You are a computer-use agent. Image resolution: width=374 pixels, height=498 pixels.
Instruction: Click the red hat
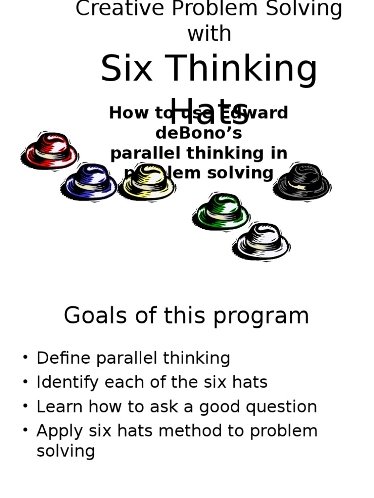click(50, 151)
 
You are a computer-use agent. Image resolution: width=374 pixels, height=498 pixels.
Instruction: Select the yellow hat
click(147, 182)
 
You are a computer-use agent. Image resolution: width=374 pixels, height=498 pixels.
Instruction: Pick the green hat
click(222, 212)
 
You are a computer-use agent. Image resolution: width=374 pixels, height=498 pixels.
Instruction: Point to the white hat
click(262, 241)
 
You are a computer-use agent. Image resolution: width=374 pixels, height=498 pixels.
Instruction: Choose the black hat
click(302, 182)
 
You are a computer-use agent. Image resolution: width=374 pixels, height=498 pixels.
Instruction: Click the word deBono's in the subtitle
click(199, 133)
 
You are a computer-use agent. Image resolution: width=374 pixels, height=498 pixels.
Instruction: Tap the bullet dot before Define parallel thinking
click(25, 358)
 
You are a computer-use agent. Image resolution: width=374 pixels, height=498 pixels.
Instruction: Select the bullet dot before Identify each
click(25, 382)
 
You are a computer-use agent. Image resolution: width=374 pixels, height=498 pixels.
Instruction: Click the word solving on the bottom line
click(66, 451)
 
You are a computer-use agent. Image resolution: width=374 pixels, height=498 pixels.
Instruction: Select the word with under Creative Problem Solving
click(209, 34)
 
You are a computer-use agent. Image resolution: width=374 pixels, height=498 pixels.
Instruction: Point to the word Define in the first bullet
click(64, 358)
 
